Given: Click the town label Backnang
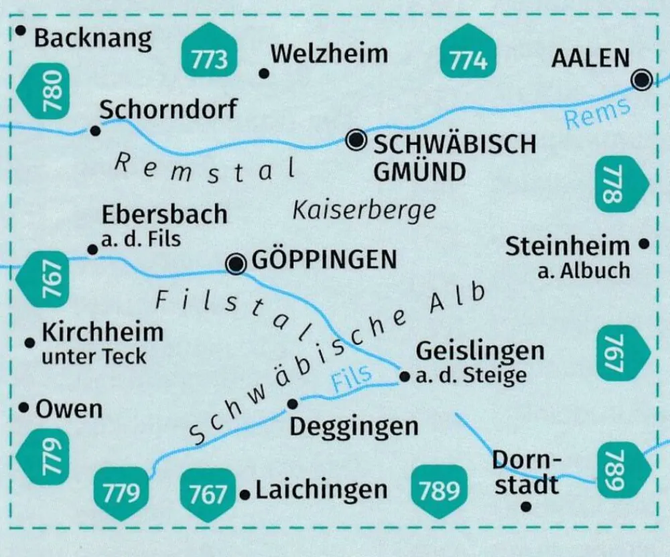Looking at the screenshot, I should [92, 38].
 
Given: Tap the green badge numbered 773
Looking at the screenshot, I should [209, 53].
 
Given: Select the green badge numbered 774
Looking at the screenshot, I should [468, 53].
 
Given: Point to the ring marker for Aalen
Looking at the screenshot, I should [642, 80].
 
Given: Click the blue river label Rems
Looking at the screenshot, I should [597, 112].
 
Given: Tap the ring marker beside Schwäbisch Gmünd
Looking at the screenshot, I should [356, 140].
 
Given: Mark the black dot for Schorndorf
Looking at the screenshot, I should [96, 131].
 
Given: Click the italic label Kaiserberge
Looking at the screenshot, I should [364, 210].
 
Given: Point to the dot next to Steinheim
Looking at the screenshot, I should [645, 244].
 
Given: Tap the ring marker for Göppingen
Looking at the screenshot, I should [235, 264].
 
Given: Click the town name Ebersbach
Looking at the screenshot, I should [164, 215].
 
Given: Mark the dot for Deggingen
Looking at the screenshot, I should [292, 403].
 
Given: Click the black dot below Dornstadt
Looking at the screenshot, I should [526, 506].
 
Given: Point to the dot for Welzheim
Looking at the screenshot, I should [264, 74].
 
